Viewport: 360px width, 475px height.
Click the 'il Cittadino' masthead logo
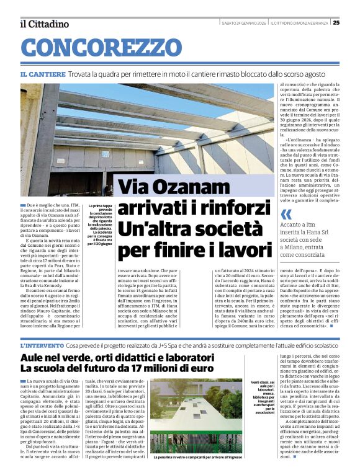(x=44, y=24)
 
